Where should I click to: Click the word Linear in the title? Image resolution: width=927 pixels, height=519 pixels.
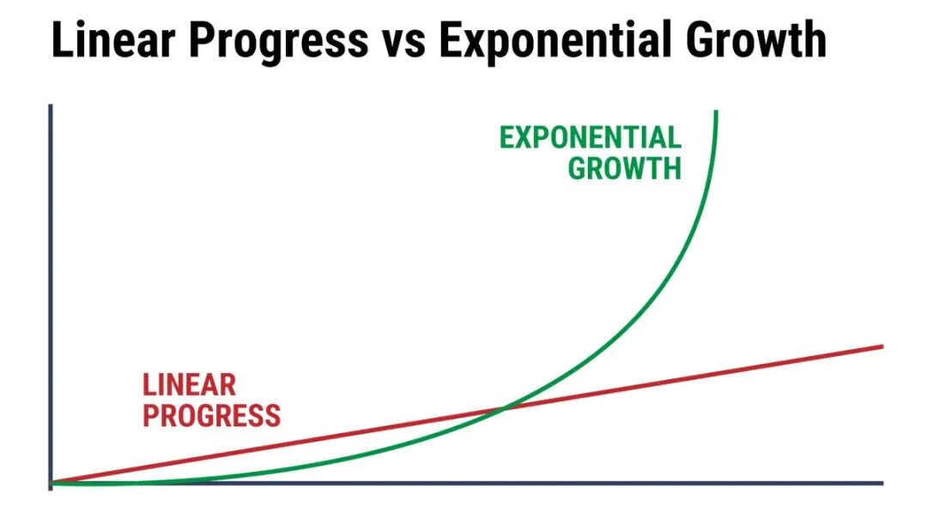tap(113, 39)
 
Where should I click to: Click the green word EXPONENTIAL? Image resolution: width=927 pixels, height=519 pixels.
tap(591, 138)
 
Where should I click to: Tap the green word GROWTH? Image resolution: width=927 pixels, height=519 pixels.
tap(625, 168)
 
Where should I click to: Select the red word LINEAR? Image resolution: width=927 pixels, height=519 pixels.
tap(189, 385)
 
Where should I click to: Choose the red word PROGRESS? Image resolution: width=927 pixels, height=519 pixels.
tap(212, 415)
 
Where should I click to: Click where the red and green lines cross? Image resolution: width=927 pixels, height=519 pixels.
tap(505, 407)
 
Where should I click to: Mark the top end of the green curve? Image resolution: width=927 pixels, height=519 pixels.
tap(717, 112)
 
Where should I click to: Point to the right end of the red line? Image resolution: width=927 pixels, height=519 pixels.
tap(882, 347)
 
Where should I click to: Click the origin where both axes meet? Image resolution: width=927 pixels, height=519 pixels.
tap(51, 484)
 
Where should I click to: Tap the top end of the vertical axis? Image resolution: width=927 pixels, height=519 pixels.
tap(51, 106)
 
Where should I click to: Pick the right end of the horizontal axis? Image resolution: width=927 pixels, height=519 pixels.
tap(882, 484)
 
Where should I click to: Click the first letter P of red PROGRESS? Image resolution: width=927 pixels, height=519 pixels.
tap(151, 415)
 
